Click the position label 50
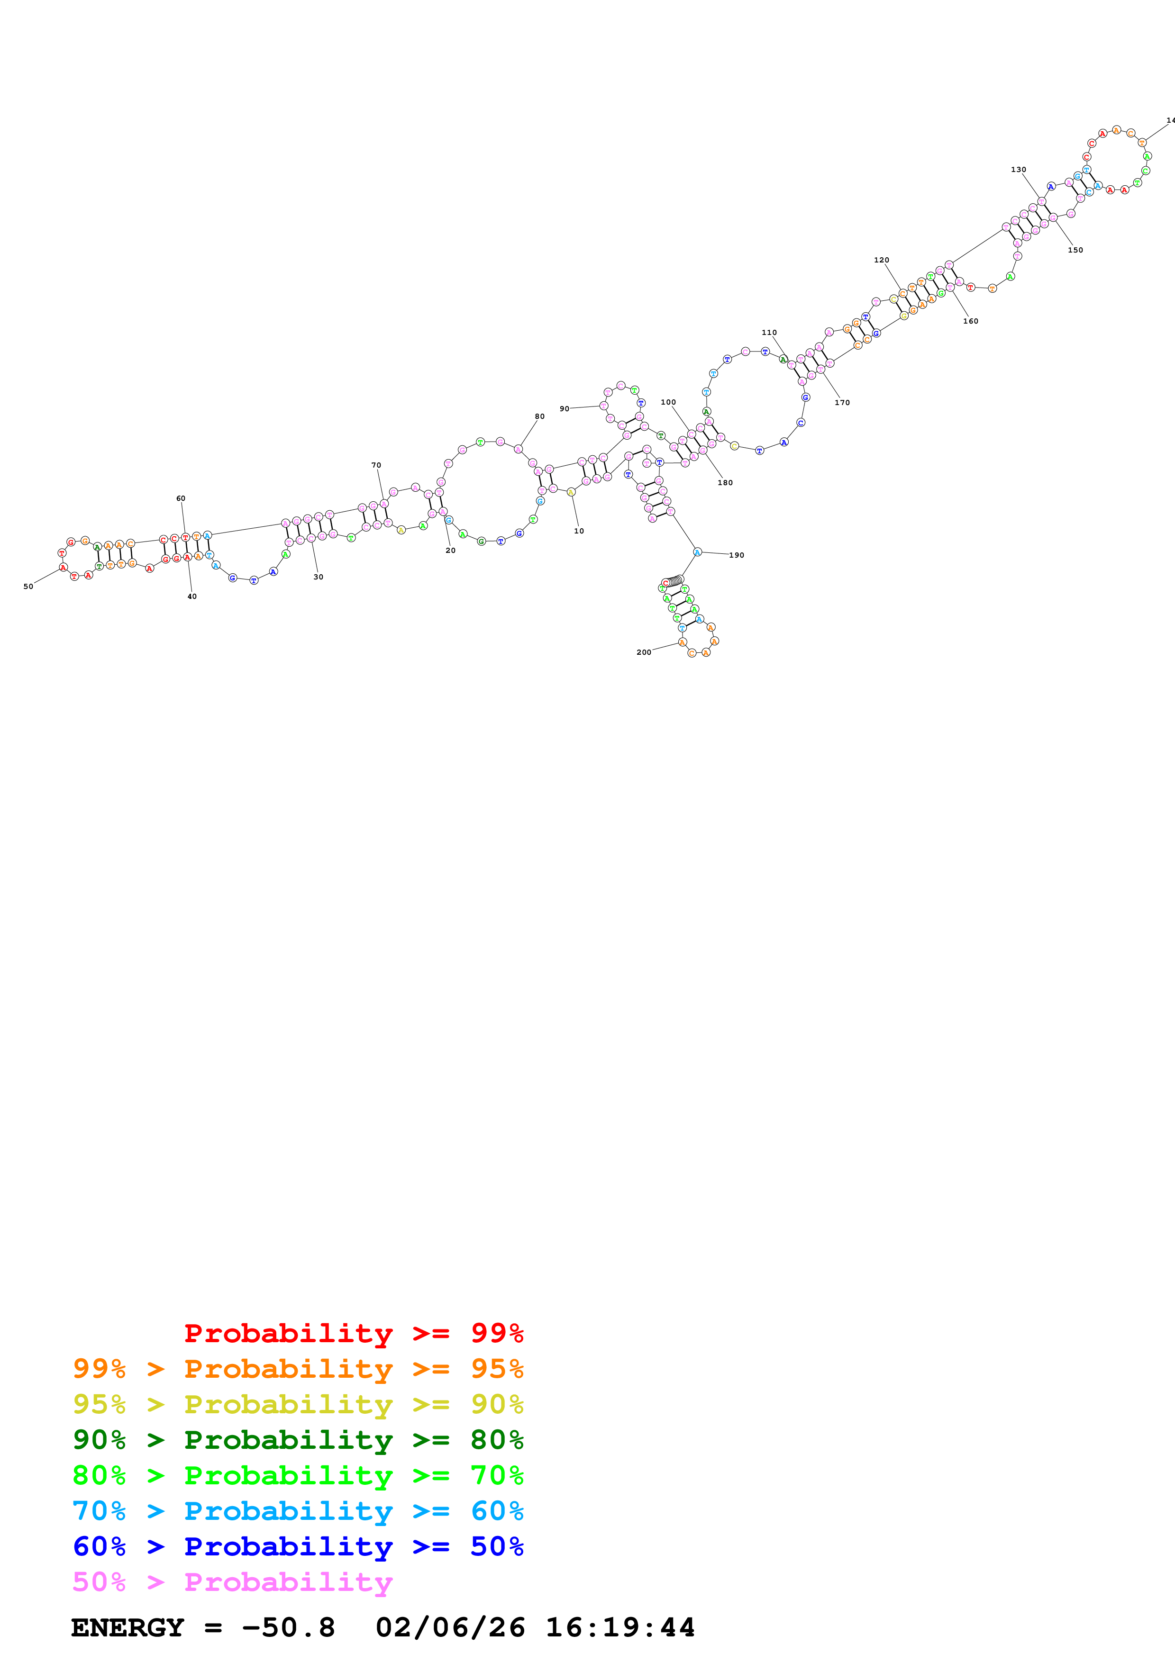[28, 587]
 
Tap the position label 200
[644, 652]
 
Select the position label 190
[736, 555]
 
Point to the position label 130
[1019, 170]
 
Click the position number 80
[539, 416]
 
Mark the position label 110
[769, 332]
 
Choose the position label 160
[971, 321]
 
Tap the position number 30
[319, 577]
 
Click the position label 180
[725, 482]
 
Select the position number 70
[376, 465]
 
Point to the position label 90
[565, 408]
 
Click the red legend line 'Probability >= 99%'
[353, 1333]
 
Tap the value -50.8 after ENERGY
[288, 1627]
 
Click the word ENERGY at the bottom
[128, 1627]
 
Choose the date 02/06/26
[450, 1627]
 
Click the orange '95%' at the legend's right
[497, 1368]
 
